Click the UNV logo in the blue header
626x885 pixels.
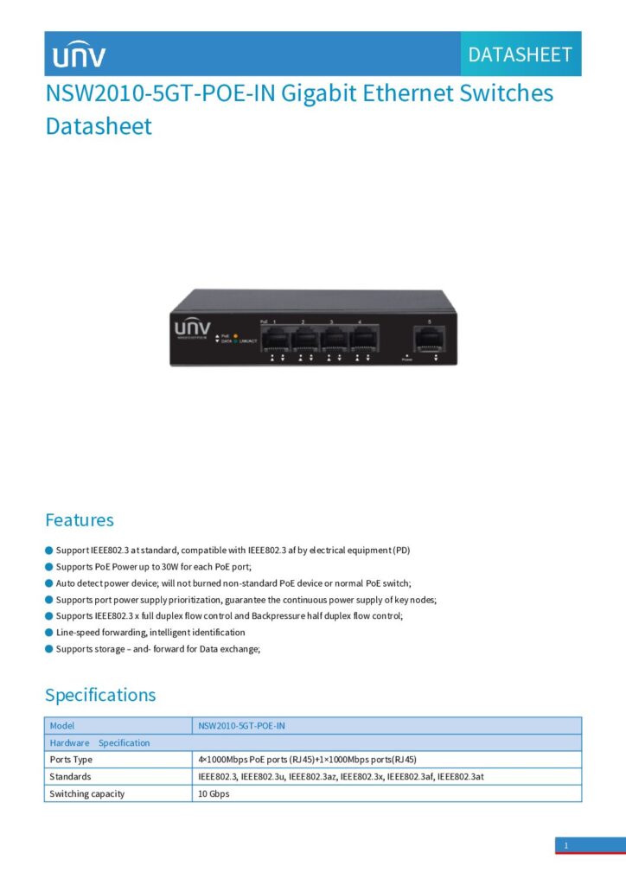tap(79, 54)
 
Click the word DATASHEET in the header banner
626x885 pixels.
tap(520, 54)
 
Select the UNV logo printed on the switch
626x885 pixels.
tap(193, 328)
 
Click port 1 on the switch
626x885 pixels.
tap(275, 340)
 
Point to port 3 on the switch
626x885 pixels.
tap(334, 340)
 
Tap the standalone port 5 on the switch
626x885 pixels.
tap(429, 340)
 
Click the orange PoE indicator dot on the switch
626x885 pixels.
tap(235, 336)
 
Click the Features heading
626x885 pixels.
tap(80, 519)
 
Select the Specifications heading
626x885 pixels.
tap(100, 695)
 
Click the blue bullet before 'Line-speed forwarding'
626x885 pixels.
tap(49, 632)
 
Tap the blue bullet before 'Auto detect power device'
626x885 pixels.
tap(49, 583)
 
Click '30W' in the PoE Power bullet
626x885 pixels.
tap(170, 567)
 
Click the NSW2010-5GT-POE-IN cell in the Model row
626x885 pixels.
tap(241, 726)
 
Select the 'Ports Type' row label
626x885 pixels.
tap(71, 760)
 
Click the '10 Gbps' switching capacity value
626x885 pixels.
tap(214, 793)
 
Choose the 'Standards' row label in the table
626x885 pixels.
tap(70, 777)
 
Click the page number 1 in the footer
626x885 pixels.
tap(566, 845)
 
